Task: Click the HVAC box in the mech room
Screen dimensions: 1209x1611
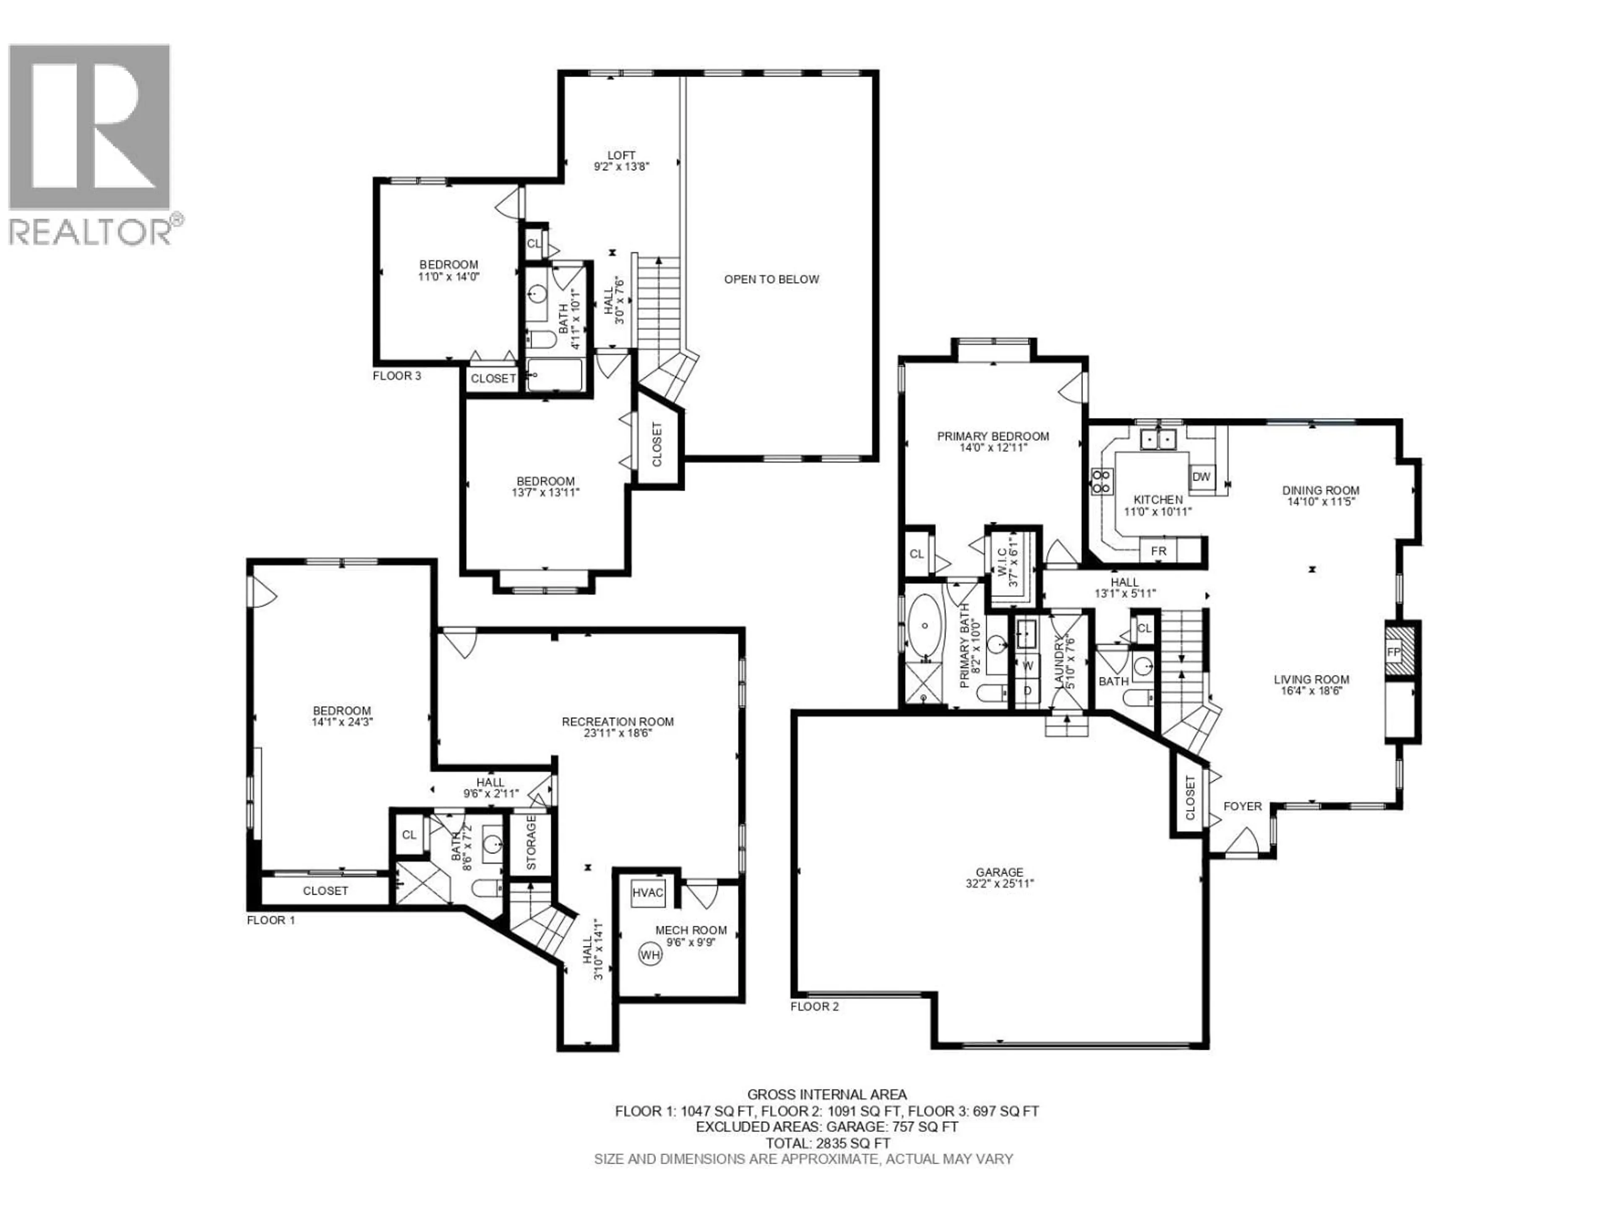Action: click(647, 893)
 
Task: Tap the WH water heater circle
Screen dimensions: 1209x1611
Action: click(649, 955)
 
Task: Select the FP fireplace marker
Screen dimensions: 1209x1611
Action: click(1393, 652)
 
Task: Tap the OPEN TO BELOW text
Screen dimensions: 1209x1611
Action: click(771, 279)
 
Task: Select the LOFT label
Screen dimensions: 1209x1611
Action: click(621, 155)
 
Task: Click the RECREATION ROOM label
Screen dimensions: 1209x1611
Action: click(618, 722)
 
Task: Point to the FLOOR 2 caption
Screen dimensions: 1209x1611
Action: click(814, 1006)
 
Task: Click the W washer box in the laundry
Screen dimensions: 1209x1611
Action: click(1027, 665)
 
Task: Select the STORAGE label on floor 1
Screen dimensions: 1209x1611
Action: click(531, 843)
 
